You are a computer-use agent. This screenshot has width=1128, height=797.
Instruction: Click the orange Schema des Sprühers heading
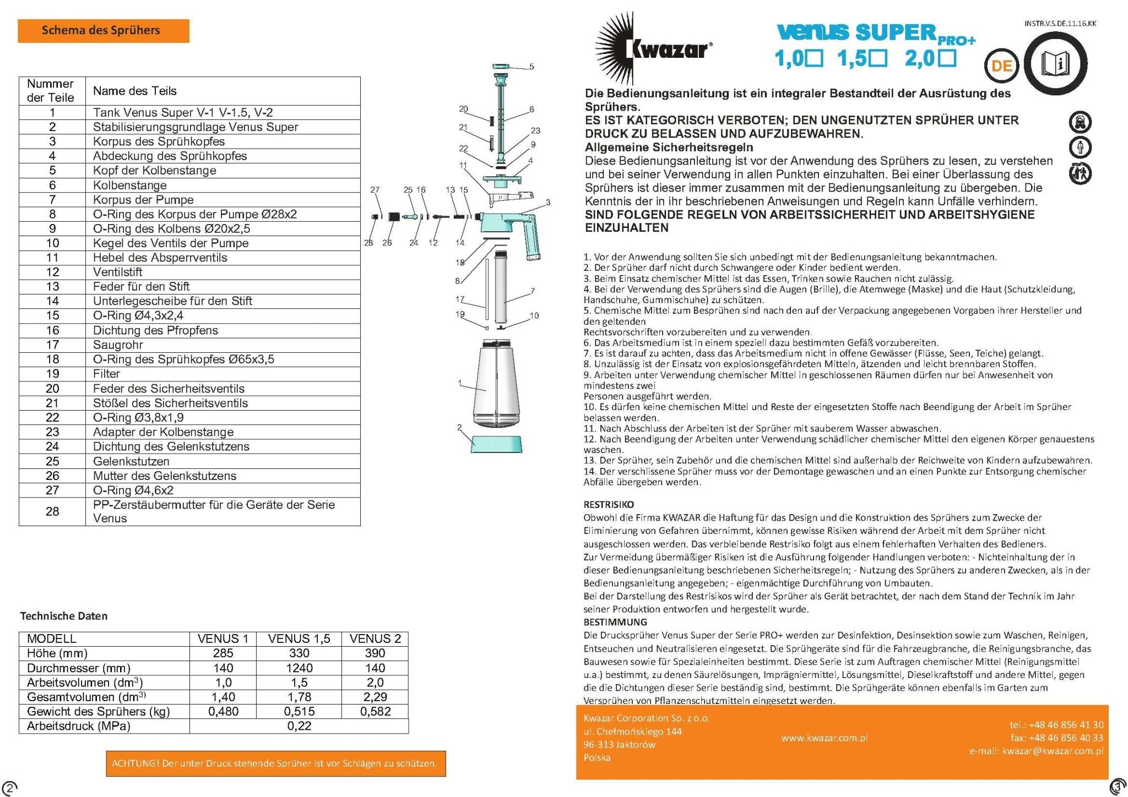click(103, 31)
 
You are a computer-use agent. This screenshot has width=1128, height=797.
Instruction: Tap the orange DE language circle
click(1001, 66)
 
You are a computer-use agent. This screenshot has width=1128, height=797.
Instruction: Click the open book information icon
click(1055, 64)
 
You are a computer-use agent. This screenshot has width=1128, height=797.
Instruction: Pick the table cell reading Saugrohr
click(118, 345)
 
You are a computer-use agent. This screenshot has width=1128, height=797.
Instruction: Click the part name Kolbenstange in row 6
click(130, 185)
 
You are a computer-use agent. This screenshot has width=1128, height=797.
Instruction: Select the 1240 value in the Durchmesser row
click(299, 668)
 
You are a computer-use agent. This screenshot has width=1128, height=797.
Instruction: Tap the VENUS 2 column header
click(375, 638)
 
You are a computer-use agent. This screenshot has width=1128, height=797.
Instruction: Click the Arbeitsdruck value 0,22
click(299, 726)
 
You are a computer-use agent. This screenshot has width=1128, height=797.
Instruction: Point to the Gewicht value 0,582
click(375, 711)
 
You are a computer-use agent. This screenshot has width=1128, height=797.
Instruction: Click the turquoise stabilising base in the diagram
click(497, 444)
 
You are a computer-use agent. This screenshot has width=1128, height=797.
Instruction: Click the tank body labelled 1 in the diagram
click(496, 385)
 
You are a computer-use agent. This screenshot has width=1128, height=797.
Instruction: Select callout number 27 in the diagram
click(375, 190)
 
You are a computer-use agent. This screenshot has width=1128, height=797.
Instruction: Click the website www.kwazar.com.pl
click(824, 738)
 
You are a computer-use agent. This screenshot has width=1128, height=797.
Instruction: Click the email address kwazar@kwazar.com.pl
click(1052, 751)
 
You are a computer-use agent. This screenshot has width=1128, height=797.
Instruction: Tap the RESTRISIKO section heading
click(609, 504)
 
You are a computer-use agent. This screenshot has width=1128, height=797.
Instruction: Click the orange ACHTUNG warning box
click(275, 763)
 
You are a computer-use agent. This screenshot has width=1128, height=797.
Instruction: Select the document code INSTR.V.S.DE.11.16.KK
click(1060, 24)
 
